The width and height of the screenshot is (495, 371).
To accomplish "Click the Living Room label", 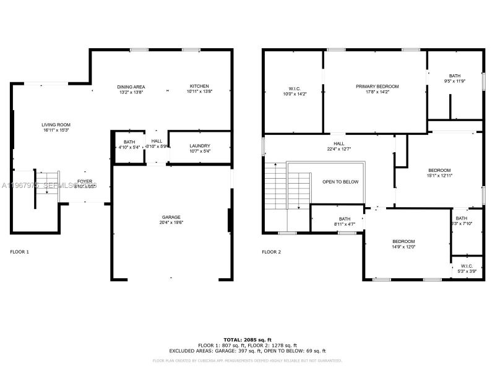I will tap(56, 124).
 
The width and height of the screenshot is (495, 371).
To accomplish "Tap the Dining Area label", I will tap(132, 86).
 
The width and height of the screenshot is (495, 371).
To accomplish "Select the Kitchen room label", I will tap(199, 86).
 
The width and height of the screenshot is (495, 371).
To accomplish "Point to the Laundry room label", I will tap(200, 146).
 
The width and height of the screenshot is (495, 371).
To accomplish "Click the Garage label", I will tap(171, 217).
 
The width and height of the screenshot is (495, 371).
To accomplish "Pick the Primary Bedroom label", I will tap(377, 87).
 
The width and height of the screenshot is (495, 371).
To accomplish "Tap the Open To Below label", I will tap(340, 182).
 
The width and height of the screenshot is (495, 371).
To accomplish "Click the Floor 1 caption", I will tap(20, 252).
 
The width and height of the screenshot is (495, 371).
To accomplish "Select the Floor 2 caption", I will tap(271, 252).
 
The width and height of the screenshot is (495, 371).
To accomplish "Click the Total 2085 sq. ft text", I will tap(247, 339).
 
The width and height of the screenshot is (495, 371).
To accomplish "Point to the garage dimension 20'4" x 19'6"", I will tap(171, 223).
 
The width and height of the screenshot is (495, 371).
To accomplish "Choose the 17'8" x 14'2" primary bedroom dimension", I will tap(377, 93).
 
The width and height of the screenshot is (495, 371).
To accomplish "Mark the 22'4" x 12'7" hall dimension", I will tap(339, 149).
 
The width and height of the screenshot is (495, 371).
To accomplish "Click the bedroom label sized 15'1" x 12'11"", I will tap(439, 170).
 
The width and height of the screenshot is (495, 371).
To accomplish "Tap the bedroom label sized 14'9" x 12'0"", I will tap(403, 241).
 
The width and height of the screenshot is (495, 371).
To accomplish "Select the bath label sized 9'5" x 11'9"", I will tap(455, 75).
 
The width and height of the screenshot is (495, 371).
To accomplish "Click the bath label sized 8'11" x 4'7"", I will tap(345, 218).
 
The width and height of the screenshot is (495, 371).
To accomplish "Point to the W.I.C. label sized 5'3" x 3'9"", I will tap(467, 266).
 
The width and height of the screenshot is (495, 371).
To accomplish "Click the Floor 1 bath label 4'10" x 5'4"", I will tap(129, 133).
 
